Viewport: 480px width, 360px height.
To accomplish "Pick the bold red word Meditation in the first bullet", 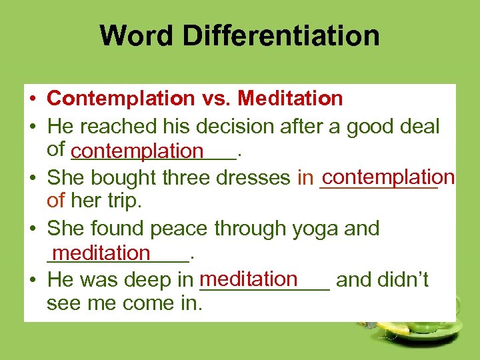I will point(290,99).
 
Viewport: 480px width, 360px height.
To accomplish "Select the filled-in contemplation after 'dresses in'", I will point(387,177).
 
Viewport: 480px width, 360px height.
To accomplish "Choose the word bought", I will point(120,178).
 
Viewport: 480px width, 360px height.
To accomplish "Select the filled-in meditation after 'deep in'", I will point(248,278).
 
